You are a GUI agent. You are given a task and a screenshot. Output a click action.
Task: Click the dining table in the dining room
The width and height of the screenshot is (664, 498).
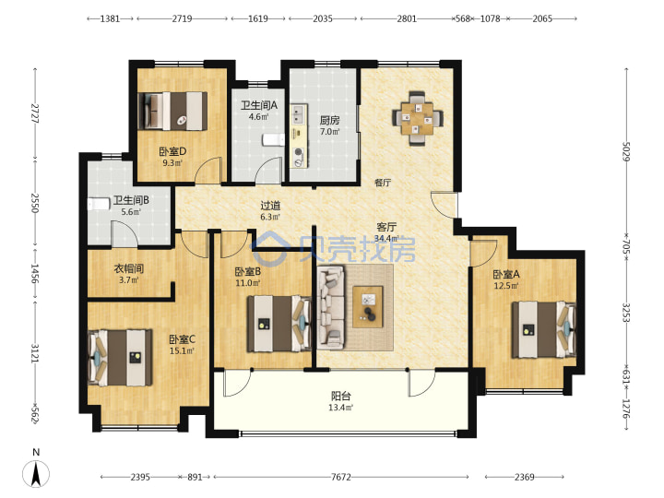[418, 118]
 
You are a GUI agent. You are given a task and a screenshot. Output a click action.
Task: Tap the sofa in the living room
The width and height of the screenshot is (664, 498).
[331, 307]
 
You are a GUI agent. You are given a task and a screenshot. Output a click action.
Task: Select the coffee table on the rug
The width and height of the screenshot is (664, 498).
[368, 306]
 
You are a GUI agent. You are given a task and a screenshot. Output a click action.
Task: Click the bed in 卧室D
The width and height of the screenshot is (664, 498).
[172, 111]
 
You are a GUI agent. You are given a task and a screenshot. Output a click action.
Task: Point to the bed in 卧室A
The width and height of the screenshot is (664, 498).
[544, 329]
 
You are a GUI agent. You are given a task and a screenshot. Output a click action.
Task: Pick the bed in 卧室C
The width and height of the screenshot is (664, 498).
[120, 358]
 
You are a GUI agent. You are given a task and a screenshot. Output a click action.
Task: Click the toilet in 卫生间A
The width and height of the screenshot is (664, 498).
[273, 140]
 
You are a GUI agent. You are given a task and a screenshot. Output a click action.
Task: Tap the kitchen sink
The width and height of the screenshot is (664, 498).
[299, 114]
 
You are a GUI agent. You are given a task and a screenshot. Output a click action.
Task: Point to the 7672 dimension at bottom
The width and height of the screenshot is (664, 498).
[341, 478]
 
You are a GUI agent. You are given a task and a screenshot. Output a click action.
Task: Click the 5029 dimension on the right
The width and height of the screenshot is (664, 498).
[626, 151]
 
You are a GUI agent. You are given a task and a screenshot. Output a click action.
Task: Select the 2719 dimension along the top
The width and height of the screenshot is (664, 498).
[182, 18]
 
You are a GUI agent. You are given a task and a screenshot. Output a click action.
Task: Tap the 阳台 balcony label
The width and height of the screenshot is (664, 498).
[341, 396]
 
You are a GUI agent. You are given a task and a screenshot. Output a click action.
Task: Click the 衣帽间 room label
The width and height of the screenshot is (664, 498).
[129, 268]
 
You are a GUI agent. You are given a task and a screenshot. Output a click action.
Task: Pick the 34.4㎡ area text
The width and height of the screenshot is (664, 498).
[386, 239]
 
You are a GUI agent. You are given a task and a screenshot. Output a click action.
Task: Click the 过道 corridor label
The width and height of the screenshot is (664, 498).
[270, 206]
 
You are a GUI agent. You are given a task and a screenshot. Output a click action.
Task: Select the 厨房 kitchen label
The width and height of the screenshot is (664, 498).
[329, 120]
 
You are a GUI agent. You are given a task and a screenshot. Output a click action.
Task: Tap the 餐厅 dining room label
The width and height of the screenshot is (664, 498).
[383, 183]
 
